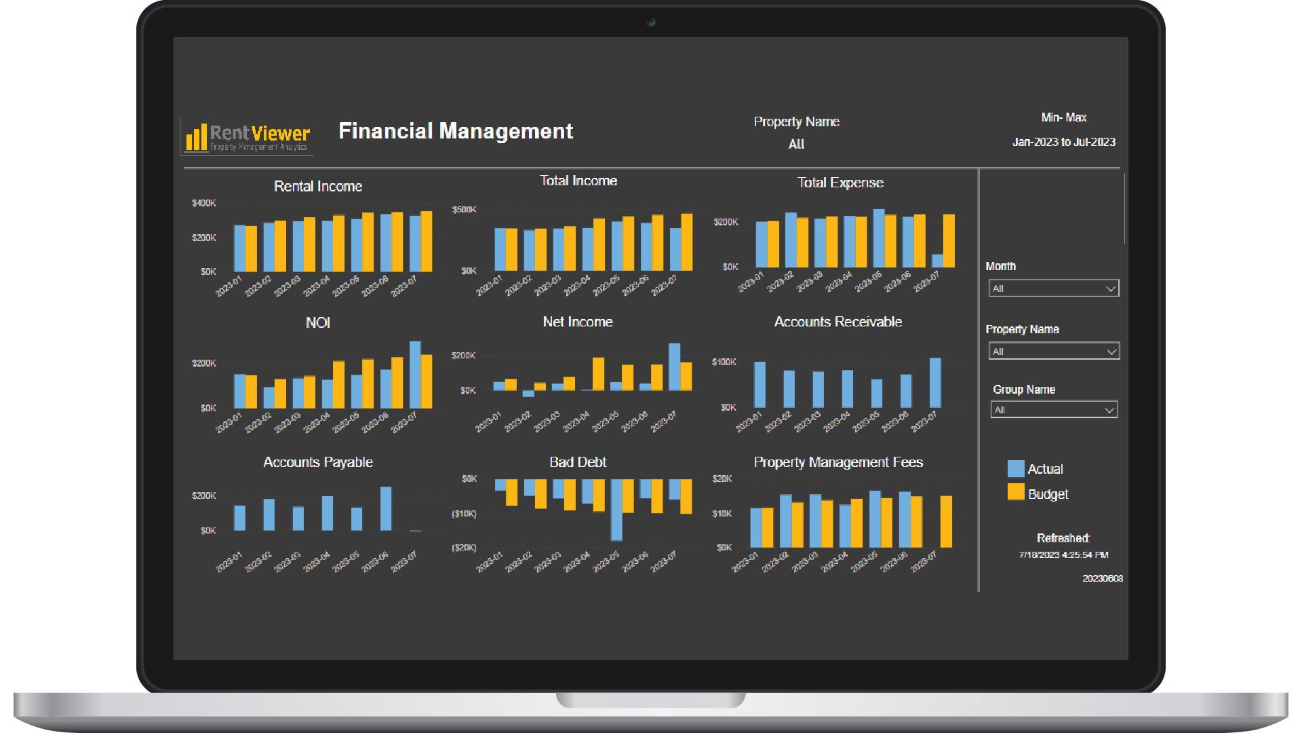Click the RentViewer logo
tap(248, 136)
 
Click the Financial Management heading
tap(456, 131)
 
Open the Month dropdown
tap(1053, 288)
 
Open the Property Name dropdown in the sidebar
tap(1053, 352)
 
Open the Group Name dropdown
tap(1053, 410)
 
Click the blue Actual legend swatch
tap(1016, 469)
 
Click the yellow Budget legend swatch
tap(1016, 492)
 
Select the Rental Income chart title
tap(317, 187)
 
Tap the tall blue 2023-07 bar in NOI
tap(415, 375)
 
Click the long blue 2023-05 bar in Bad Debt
tap(616, 509)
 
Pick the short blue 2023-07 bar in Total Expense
tap(938, 261)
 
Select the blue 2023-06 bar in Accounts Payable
tap(386, 508)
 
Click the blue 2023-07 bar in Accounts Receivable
tap(935, 383)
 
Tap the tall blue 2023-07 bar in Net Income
tap(674, 366)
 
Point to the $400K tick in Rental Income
tap(203, 204)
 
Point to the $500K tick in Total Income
tap(465, 210)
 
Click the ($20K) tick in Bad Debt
tap(465, 548)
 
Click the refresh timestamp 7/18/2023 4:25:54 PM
tap(1063, 555)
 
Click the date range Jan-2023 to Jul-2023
tap(1063, 143)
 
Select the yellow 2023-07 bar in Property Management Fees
tap(946, 521)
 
